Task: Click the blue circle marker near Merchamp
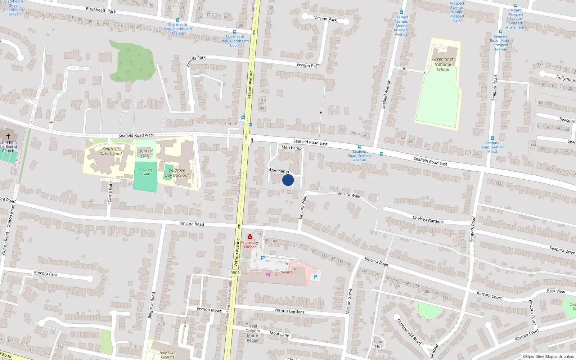(288, 180)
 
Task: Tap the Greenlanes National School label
(443, 64)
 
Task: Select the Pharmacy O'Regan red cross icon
(249, 237)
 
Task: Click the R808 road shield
(235, 273)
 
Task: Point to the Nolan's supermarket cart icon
(268, 274)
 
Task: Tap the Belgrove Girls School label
(111, 151)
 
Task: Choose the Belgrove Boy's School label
(177, 173)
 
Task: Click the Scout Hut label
(378, 344)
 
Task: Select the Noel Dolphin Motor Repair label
(253, 333)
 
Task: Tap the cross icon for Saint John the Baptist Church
(8, 136)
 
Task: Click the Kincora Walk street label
(348, 194)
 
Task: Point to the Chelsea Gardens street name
(428, 219)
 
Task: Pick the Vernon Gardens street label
(289, 311)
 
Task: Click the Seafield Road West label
(136, 136)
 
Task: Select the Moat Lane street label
(279, 334)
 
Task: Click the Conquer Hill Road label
(409, 332)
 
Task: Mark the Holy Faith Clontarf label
(167, 355)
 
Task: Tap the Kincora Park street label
(46, 274)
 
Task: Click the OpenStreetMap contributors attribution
(548, 357)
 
